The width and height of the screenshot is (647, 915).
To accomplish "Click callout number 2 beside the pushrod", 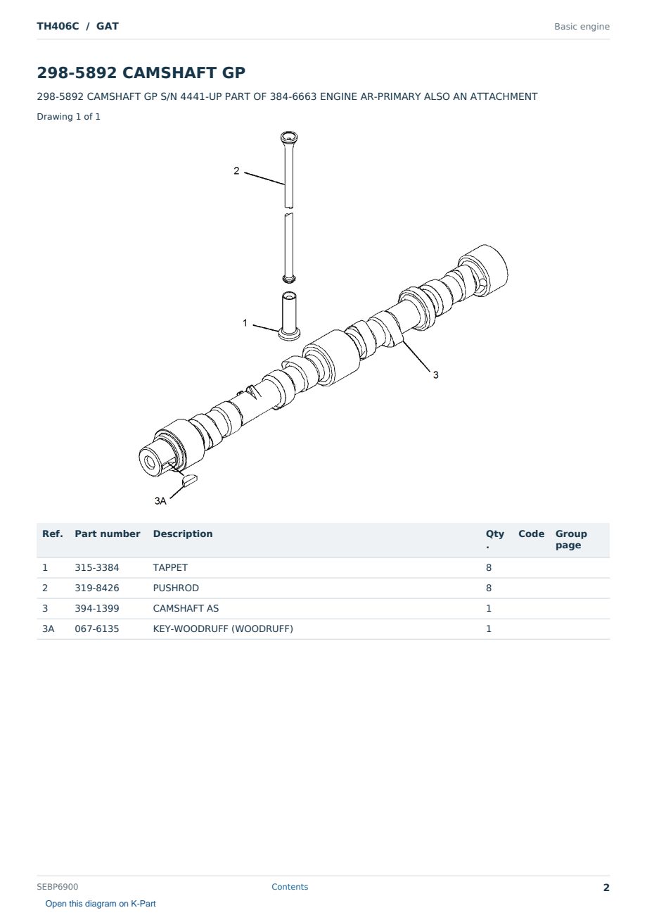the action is tap(236, 171).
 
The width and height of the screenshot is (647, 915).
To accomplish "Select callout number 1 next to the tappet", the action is tap(245, 323).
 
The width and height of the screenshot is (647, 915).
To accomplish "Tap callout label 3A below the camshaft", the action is tap(160, 501).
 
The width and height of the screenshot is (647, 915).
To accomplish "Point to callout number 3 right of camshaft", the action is tap(435, 375).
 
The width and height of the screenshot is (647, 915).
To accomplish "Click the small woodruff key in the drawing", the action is tap(190, 479).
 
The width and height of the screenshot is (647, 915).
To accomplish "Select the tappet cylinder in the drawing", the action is tap(289, 316).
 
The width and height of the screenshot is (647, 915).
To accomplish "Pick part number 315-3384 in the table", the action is tap(97, 568).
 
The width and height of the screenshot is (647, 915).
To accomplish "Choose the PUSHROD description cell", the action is tap(176, 588).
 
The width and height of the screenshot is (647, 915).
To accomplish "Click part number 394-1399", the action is tap(97, 609).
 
